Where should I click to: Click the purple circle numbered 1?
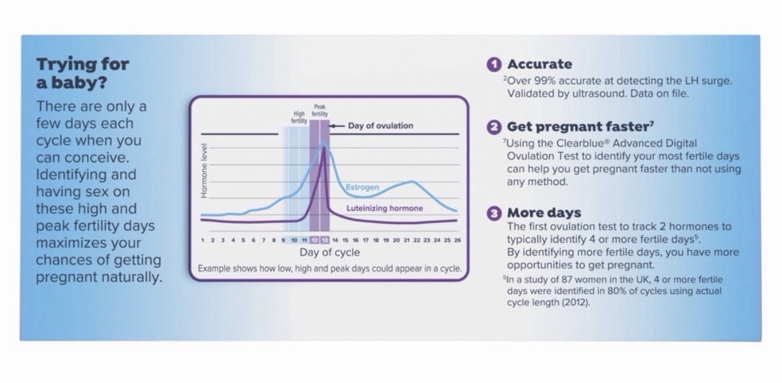coord(494,65)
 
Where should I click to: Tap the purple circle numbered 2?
coord(494,127)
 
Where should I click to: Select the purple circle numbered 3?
coord(494,213)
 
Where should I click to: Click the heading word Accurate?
coord(540,64)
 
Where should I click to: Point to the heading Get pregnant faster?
coord(580,127)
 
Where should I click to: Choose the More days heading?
coord(544,213)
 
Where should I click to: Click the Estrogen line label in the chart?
coord(363,187)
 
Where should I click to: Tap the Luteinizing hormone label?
coord(384,208)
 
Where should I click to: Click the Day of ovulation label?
coord(380,126)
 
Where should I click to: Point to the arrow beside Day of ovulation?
coord(337,126)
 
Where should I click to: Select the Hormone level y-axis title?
coord(204,171)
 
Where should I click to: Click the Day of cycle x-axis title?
coord(329,253)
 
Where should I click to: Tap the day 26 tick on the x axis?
coord(457,240)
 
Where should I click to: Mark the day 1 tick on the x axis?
coord(203,240)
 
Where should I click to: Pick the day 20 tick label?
coord(396,240)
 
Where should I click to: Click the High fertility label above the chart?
coord(299,117)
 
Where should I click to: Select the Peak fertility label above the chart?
coord(319,110)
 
